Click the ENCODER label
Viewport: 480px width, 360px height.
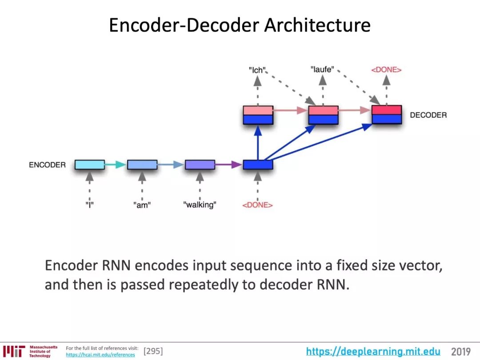[47, 165]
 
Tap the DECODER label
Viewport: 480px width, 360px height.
[428, 115]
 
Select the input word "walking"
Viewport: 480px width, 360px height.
[200, 205]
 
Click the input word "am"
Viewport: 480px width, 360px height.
[142, 205]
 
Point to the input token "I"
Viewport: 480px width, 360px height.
[89, 205]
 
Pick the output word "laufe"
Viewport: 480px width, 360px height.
[322, 69]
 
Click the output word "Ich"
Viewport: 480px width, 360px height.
[257, 70]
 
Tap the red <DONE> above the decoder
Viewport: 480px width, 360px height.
[386, 69]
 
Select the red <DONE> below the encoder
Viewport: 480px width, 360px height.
[257, 205]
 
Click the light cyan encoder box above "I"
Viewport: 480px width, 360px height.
[90, 165]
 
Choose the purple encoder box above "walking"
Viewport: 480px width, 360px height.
[200, 165]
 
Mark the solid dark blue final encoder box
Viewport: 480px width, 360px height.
[258, 165]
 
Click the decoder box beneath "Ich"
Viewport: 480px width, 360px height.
[258, 115]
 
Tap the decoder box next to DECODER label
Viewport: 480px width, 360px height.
[387, 115]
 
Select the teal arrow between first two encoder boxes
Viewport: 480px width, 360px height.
[116, 165]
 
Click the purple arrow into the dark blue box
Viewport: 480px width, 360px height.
[229, 165]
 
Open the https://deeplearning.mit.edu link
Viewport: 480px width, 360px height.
[373, 352]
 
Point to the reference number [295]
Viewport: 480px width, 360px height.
[153, 352]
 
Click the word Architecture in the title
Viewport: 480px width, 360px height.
[317, 25]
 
